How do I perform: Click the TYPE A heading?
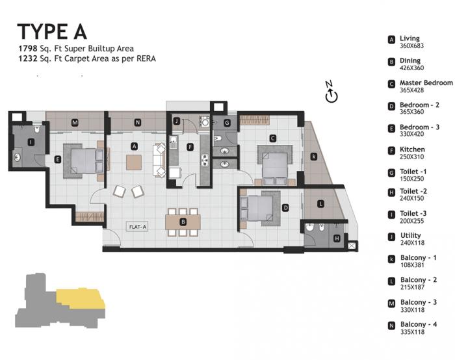coord(51,31)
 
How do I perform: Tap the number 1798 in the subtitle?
coord(27,49)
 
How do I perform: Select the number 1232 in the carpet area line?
coord(27,58)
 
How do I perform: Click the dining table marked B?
coord(183,222)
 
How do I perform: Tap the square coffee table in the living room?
coord(133,162)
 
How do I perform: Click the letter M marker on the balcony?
coord(75,122)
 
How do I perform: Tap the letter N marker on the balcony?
coord(137,122)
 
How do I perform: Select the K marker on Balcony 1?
coord(314,156)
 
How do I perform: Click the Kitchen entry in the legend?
coord(412,149)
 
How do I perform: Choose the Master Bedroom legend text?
coord(426,83)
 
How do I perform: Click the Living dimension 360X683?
coord(412,45)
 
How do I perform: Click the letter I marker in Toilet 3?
coord(31,142)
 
